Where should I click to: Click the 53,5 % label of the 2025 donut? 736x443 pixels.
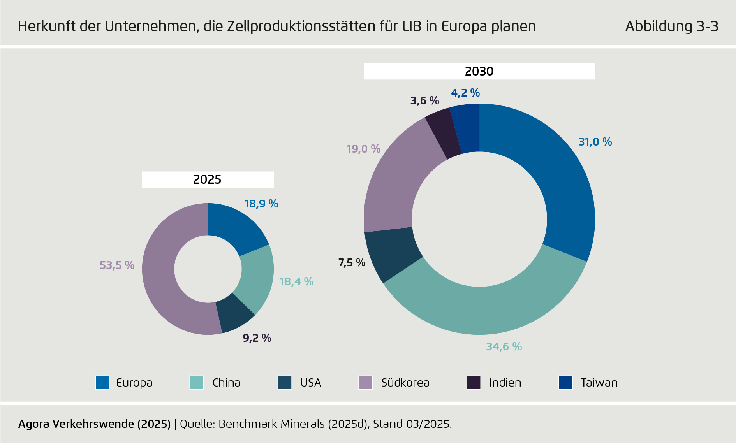coord(117,265)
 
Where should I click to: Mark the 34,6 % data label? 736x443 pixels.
coord(504,346)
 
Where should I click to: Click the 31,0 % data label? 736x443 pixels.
coord(595,142)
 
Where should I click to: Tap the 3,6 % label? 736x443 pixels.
coord(424,101)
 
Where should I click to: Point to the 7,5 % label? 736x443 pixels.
coord(352,263)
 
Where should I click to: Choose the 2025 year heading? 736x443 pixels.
coord(207,179)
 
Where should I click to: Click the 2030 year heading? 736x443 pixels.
coord(479,71)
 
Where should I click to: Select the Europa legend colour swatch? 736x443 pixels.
coord(102,383)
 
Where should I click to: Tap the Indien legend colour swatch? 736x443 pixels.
coord(474,383)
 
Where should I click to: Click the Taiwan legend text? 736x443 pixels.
coord(599,383)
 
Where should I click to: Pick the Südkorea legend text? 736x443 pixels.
coord(405,383)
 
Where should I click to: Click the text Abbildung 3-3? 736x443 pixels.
coord(671,26)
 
